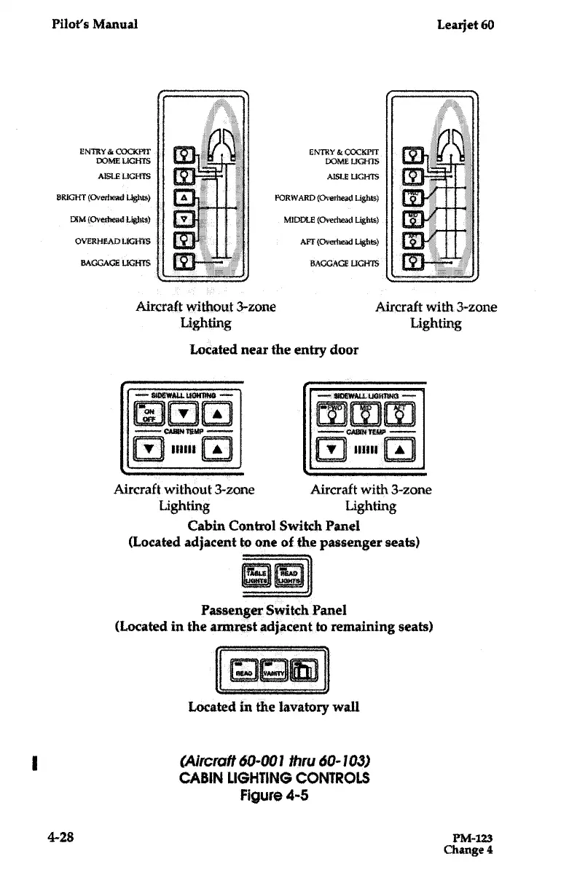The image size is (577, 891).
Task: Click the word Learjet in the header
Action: point(458,24)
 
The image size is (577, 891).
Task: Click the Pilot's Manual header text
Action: point(95,24)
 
